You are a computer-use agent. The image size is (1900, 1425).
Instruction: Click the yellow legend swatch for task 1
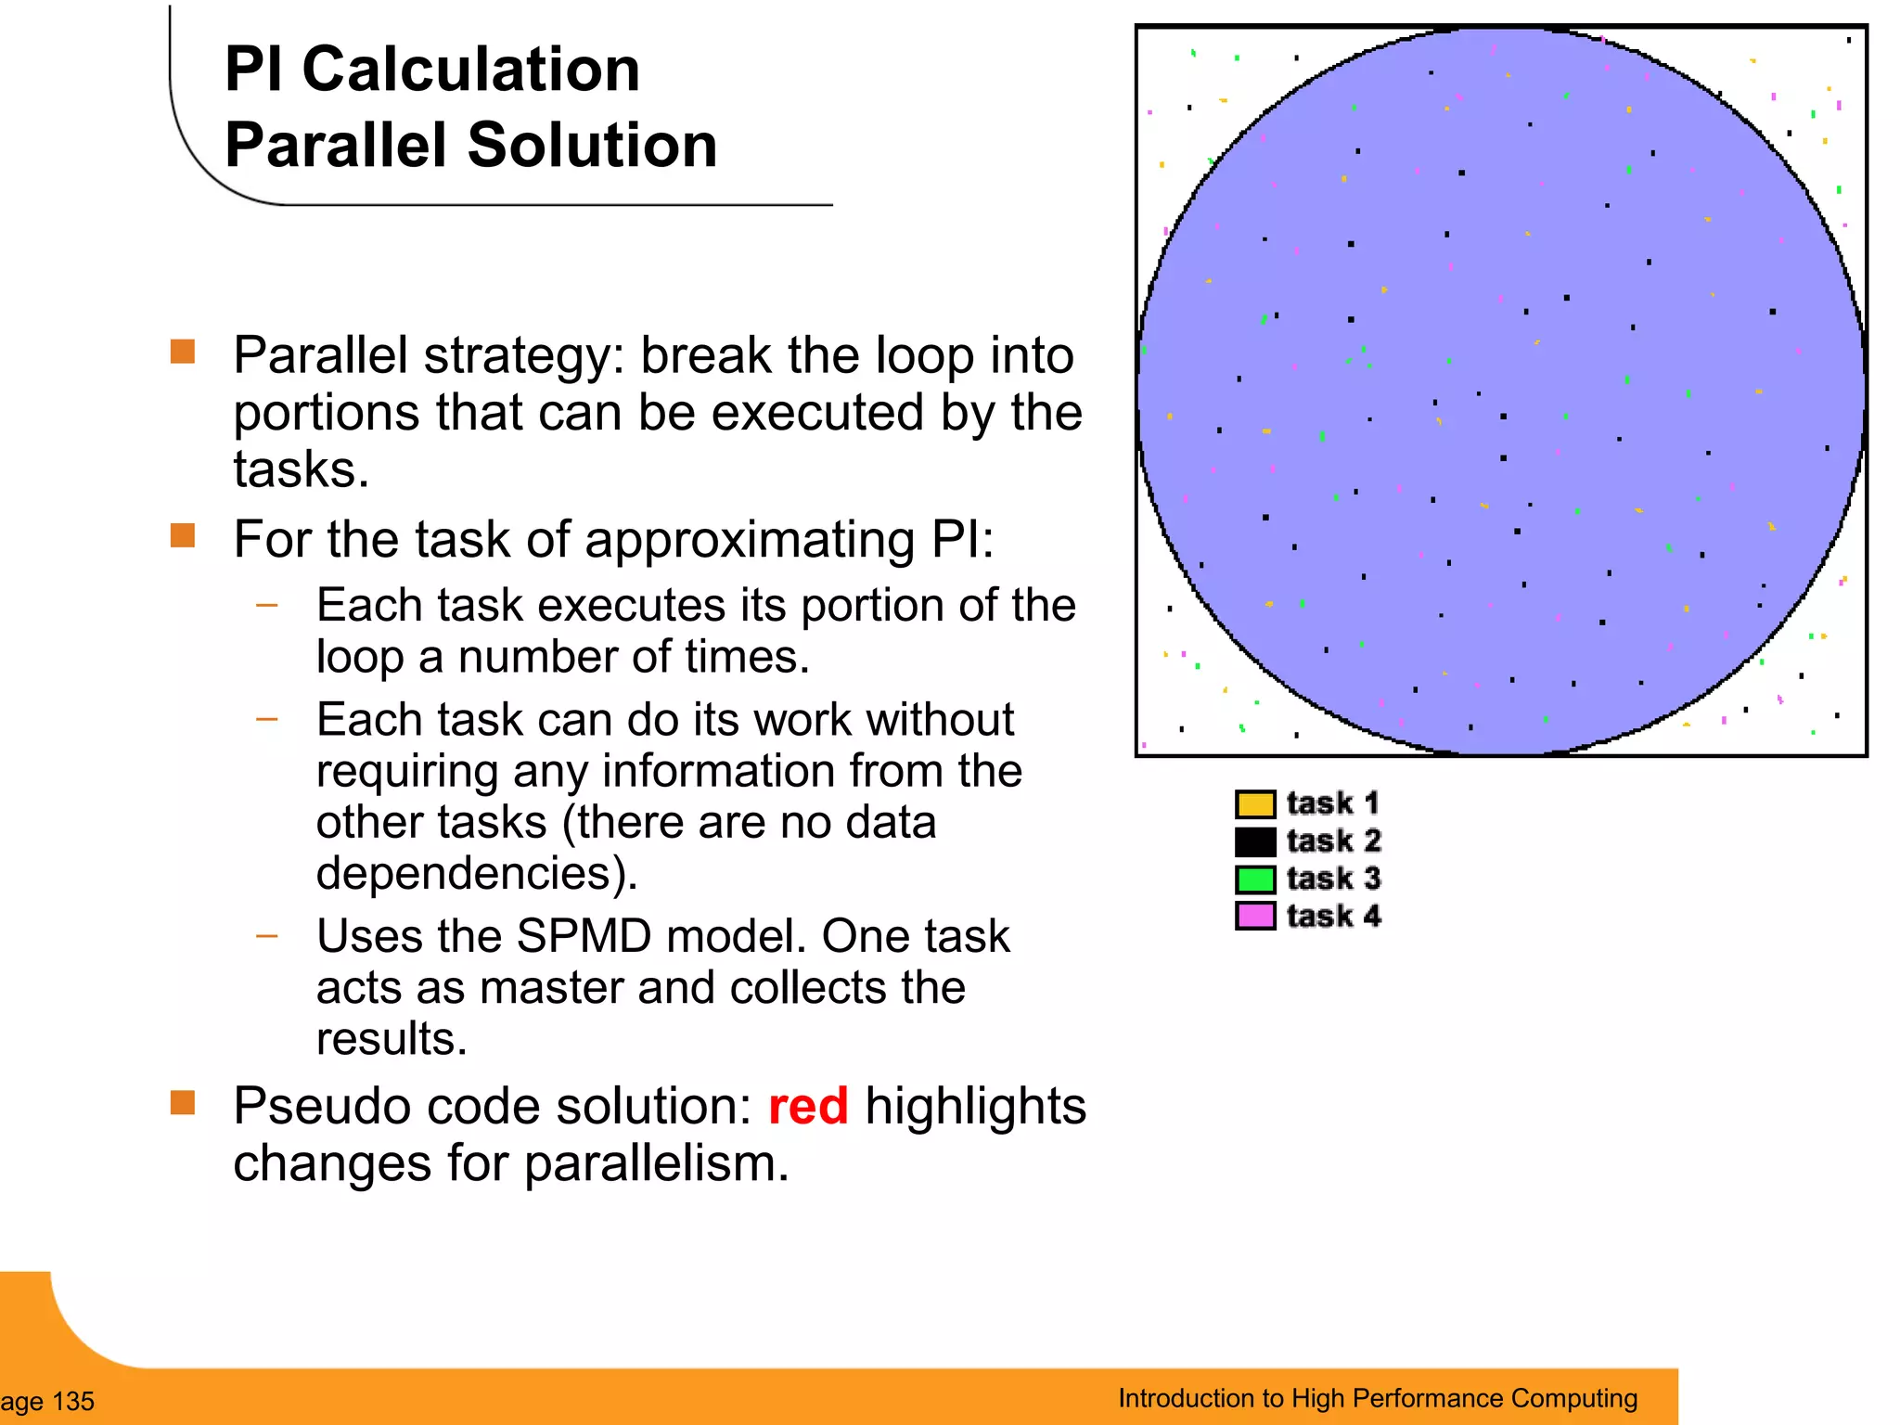click(1255, 803)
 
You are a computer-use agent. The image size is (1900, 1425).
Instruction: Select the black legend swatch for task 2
click(1255, 841)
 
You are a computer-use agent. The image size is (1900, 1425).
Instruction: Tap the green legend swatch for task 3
click(1255, 879)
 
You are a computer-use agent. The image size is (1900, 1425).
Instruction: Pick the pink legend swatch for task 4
click(1255, 916)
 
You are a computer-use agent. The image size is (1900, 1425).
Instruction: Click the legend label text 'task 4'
click(1333, 916)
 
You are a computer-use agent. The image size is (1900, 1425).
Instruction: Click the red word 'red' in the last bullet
click(807, 1106)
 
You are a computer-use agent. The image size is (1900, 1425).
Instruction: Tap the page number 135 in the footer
click(73, 1401)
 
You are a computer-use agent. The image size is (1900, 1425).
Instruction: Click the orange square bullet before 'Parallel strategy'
click(183, 352)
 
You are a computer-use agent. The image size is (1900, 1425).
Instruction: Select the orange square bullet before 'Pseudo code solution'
click(183, 1102)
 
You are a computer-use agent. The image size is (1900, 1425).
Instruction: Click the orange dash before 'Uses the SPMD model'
click(267, 936)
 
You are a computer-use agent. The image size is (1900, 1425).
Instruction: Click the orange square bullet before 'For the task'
click(183, 535)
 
